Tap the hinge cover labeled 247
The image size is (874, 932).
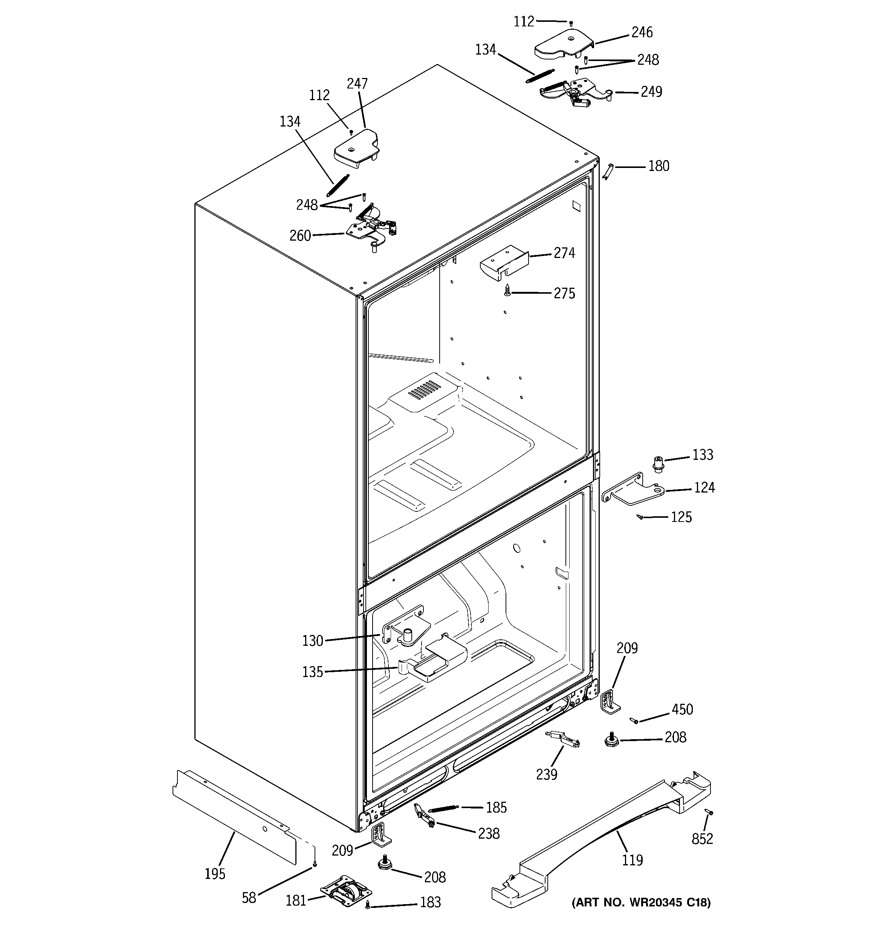(x=356, y=150)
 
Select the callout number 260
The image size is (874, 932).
(x=300, y=235)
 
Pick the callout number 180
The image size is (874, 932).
(x=658, y=166)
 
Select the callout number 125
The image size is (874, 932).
(x=681, y=517)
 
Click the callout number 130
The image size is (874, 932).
(x=312, y=641)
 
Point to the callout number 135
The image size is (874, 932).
(x=312, y=672)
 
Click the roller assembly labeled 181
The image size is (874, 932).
(x=346, y=890)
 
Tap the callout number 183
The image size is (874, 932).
(x=430, y=902)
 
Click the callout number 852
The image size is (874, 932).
(x=702, y=839)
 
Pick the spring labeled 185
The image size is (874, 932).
(x=443, y=808)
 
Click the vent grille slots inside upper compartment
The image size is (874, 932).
(x=425, y=389)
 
